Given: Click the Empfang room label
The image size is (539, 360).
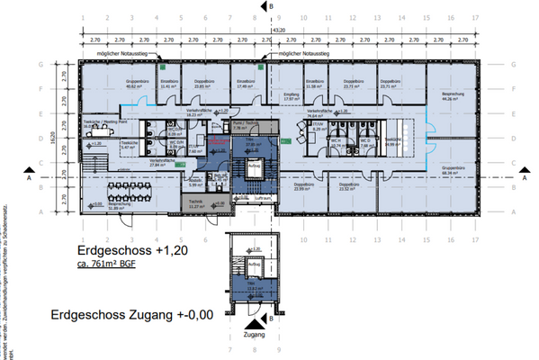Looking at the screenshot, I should tap(291, 96).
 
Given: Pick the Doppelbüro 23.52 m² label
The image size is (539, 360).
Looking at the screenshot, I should tap(346, 187).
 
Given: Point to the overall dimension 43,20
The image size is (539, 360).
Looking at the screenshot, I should tap(278, 30).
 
